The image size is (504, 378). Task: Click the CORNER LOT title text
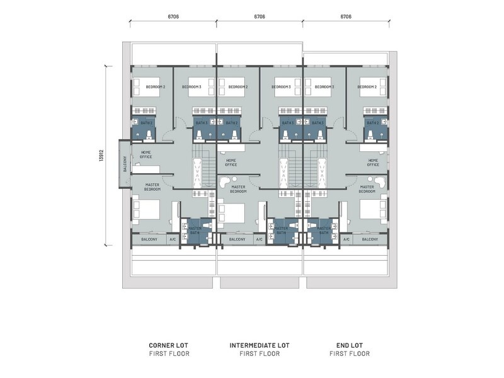click(x=168, y=345)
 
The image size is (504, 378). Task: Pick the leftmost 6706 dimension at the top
click(x=173, y=17)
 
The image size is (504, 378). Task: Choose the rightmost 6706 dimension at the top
click(x=345, y=17)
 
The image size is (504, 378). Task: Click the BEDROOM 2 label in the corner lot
click(x=156, y=87)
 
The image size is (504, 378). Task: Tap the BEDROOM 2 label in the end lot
click(x=367, y=87)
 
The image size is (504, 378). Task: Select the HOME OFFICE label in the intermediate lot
click(x=231, y=163)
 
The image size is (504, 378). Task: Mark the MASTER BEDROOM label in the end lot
click(x=367, y=188)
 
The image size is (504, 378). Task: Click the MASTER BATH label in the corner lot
click(x=195, y=231)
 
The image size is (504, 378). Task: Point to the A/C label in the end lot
click(x=346, y=239)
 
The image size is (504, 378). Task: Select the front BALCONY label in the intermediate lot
click(x=237, y=239)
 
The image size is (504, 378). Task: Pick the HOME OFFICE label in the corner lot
click(x=146, y=154)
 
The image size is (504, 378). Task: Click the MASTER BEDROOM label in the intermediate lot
click(x=238, y=188)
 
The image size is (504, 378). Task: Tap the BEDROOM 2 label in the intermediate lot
click(x=238, y=87)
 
